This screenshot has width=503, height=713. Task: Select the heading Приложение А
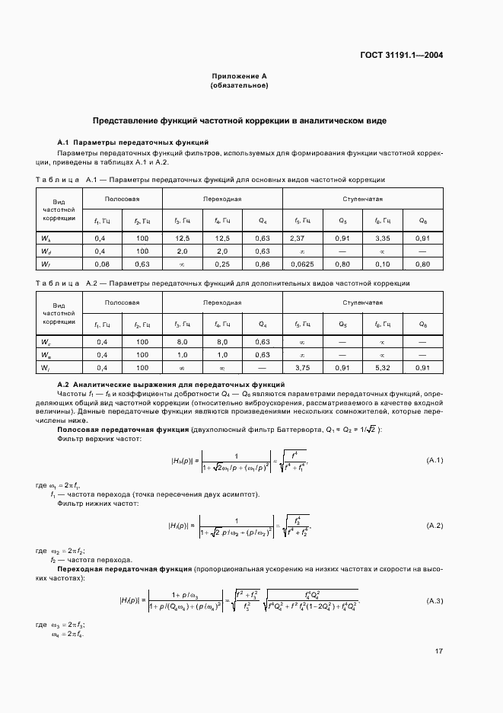(239, 77)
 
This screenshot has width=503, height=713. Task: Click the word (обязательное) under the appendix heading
(239, 86)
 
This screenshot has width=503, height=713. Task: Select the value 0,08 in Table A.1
(101, 264)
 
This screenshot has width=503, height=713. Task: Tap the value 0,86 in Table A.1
(262, 264)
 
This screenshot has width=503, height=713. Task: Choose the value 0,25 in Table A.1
(221, 264)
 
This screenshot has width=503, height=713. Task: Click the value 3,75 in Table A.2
(302, 368)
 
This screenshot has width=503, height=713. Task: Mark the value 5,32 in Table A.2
(382, 368)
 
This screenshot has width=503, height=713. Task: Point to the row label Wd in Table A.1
(46, 251)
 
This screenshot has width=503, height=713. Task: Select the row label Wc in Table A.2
(46, 342)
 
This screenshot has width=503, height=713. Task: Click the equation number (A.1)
(435, 460)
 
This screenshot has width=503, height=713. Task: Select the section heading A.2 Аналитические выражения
(171, 385)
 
